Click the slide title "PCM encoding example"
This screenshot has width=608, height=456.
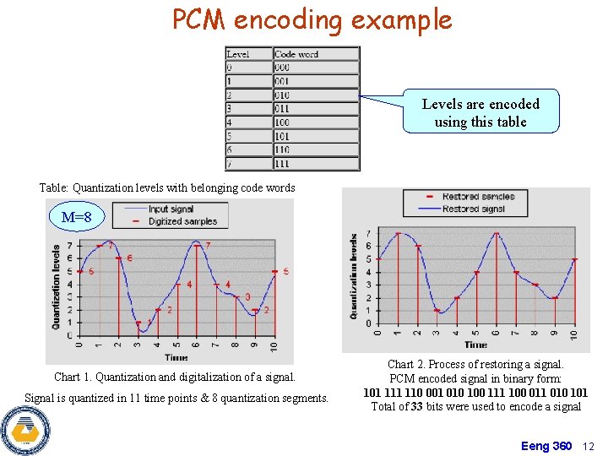pyautogui.click(x=312, y=19)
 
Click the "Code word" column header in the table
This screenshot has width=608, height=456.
pyautogui.click(x=296, y=54)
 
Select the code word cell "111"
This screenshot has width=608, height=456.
pyautogui.click(x=282, y=163)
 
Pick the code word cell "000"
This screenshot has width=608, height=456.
pyautogui.click(x=282, y=68)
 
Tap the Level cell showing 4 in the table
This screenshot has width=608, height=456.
pyautogui.click(x=230, y=122)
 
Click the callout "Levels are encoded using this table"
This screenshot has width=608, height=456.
pyautogui.click(x=480, y=112)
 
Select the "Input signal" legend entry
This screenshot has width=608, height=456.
pyautogui.click(x=171, y=209)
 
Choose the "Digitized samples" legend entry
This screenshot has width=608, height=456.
pyautogui.click(x=182, y=221)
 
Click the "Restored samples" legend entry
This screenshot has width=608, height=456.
pyautogui.click(x=478, y=197)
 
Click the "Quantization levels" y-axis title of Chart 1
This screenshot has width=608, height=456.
pyautogui.click(x=57, y=287)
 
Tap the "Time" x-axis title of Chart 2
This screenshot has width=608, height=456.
pyautogui.click(x=475, y=345)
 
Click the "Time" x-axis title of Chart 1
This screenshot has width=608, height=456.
pyautogui.click(x=176, y=358)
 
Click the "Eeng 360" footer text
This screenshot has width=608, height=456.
pyautogui.click(x=546, y=446)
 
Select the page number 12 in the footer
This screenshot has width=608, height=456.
pyautogui.click(x=589, y=446)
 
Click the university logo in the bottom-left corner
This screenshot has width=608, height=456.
pyautogui.click(x=24, y=430)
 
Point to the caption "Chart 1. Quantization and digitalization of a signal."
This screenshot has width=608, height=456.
pyautogui.click(x=175, y=377)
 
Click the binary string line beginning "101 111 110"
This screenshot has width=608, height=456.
pyautogui.click(x=475, y=393)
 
